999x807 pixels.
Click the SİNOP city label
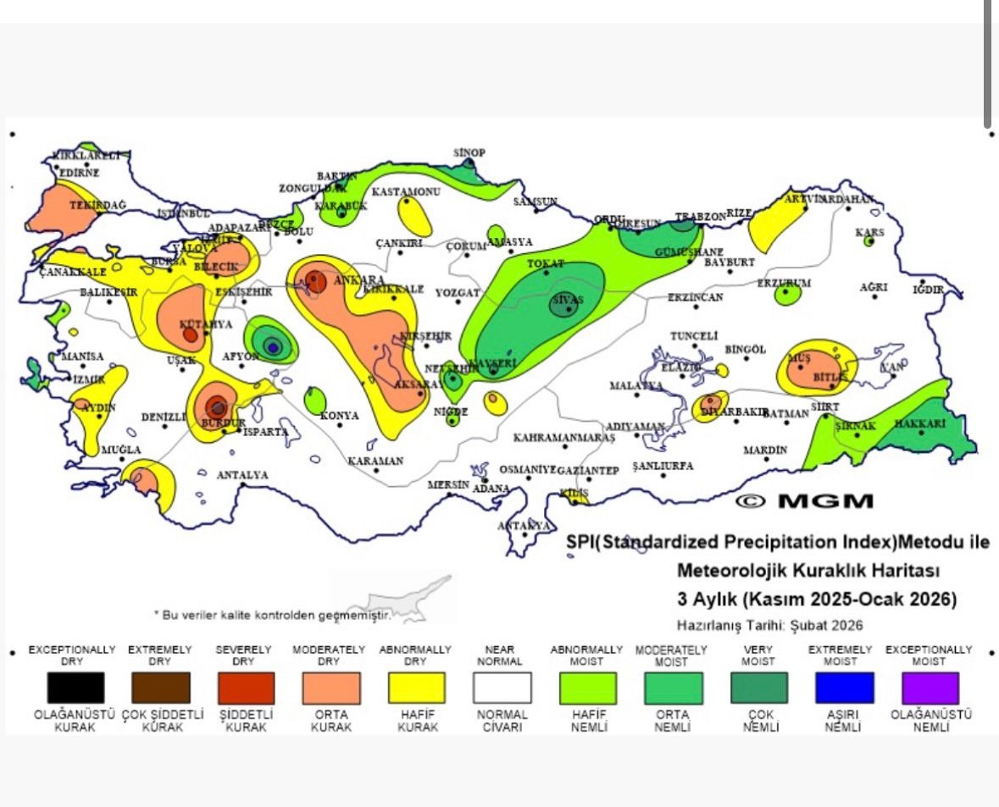pyautogui.click(x=469, y=152)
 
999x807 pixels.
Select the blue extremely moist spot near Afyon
pyautogui.click(x=272, y=345)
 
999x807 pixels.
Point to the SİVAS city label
pyautogui.click(x=567, y=300)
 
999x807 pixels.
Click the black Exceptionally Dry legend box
pyautogui.click(x=75, y=688)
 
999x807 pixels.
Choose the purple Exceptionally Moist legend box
pyautogui.click(x=930, y=688)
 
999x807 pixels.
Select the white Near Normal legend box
pyautogui.click(x=502, y=688)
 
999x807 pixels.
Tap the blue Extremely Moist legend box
pyautogui.click(x=844, y=688)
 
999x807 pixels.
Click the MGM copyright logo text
pyautogui.click(x=805, y=500)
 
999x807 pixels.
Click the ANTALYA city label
pyautogui.click(x=242, y=475)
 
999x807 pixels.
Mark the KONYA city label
pyautogui.click(x=339, y=416)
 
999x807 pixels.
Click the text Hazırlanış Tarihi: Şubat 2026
pyautogui.click(x=769, y=625)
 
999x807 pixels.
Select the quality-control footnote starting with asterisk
pyautogui.click(x=272, y=615)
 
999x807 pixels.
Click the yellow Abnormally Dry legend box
pyautogui.click(x=416, y=688)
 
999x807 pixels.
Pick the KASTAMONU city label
pyautogui.click(x=406, y=191)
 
